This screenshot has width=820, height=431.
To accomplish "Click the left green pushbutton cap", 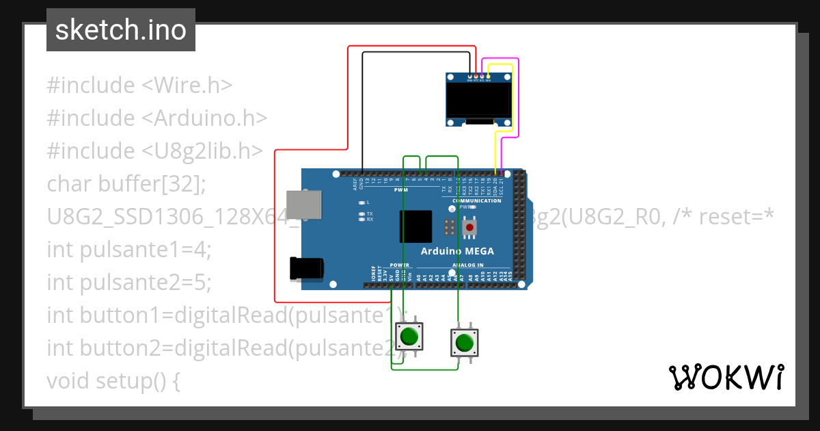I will click(x=409, y=336).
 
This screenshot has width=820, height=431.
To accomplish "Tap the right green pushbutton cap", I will click(x=464, y=341).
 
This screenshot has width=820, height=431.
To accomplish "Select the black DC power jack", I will click(x=305, y=267).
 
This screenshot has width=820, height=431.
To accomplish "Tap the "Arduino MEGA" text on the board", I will click(x=456, y=251).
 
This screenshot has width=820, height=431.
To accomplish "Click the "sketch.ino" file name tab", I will click(x=121, y=30).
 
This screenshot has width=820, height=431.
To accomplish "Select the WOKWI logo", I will click(x=726, y=377).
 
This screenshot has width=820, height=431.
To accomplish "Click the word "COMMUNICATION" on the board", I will click(x=476, y=200).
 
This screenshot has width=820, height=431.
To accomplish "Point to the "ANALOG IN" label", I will click(x=467, y=265).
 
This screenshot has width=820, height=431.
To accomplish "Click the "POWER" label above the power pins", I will click(x=399, y=265).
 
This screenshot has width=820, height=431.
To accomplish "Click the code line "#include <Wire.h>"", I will click(x=139, y=86).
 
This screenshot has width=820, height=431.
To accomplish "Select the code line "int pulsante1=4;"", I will click(x=129, y=250).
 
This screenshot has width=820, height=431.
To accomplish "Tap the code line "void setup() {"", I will click(x=113, y=380).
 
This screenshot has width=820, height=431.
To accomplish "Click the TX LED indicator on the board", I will click(x=361, y=214).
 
